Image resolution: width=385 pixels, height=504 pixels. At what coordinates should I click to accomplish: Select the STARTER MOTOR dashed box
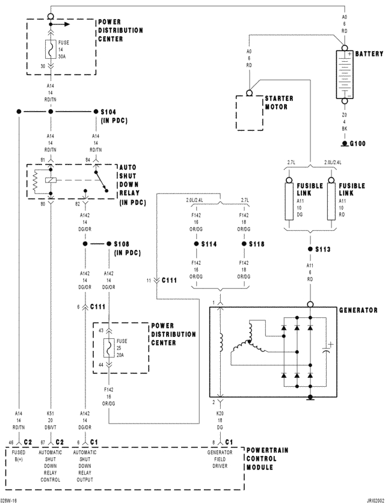click(250, 112)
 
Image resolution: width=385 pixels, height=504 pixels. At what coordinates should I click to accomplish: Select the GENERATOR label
click(358, 310)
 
